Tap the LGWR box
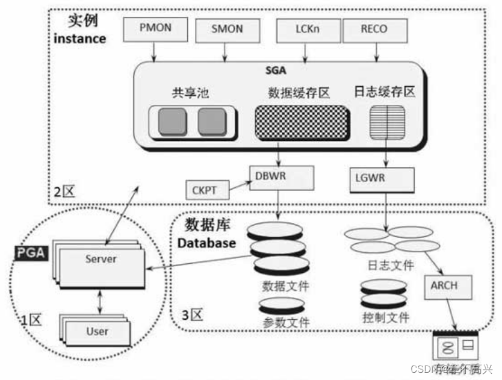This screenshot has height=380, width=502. [x=382, y=179]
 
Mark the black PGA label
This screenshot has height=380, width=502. [x=30, y=252]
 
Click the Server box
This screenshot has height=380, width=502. [x=101, y=260]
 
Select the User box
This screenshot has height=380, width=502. [x=97, y=331]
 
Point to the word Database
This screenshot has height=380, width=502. [x=207, y=244]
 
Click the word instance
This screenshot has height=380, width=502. [x=79, y=39]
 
